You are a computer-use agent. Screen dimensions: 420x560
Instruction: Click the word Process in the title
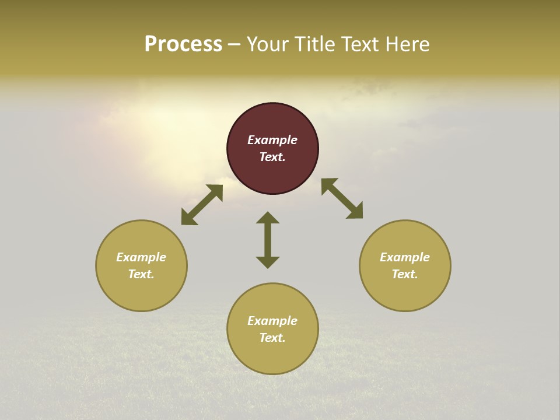(183, 44)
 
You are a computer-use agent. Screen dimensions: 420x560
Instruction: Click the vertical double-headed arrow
(268, 240)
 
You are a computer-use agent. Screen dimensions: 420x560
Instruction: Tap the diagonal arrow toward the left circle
(202, 205)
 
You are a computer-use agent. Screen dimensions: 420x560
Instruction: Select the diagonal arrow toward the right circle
(342, 198)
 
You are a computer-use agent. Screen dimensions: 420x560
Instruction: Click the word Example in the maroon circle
(272, 140)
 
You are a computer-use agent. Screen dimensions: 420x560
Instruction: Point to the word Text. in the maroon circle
(272, 157)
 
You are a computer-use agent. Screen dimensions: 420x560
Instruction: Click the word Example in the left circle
(141, 257)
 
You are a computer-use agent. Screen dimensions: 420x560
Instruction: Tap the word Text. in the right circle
(405, 274)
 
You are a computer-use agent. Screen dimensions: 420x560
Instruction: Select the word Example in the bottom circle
(272, 321)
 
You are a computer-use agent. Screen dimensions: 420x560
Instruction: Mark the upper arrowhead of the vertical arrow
(268, 218)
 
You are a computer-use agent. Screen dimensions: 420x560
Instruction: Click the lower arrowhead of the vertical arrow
(268, 262)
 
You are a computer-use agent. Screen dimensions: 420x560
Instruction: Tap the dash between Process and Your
(235, 45)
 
